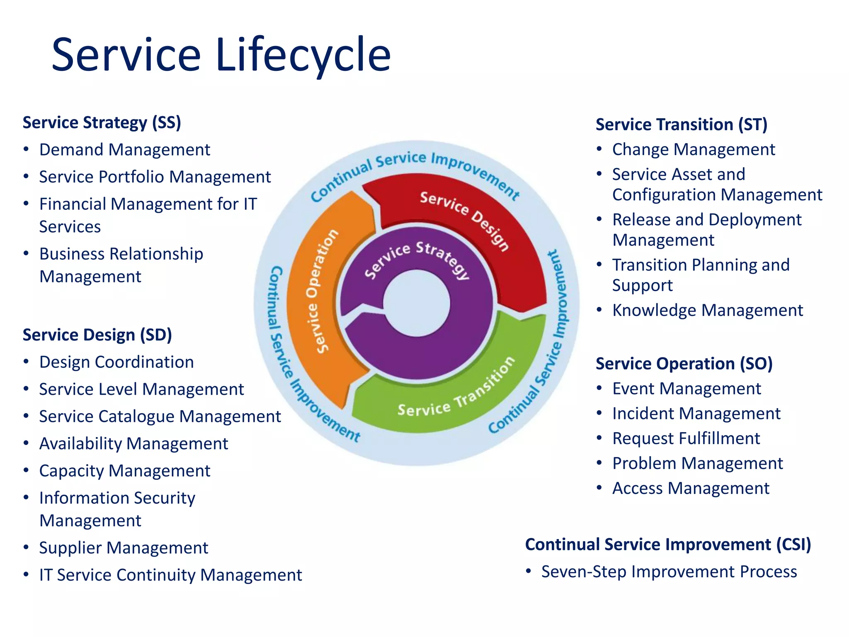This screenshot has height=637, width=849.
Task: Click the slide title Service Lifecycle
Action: (x=221, y=55)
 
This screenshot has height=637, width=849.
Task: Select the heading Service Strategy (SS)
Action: (x=102, y=123)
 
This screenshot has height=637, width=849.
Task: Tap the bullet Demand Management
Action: (x=124, y=150)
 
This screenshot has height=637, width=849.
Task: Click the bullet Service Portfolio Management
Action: (x=155, y=177)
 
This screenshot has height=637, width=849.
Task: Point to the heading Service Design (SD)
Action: (x=97, y=335)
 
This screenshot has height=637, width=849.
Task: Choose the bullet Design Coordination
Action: (x=116, y=362)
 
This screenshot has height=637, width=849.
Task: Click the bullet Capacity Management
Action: (x=124, y=471)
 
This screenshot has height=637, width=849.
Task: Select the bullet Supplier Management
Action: (x=123, y=548)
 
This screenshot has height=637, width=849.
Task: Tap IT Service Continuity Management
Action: (x=170, y=575)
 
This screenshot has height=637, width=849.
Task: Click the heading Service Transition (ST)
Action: (x=681, y=124)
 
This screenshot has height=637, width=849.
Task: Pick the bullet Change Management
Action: (x=693, y=149)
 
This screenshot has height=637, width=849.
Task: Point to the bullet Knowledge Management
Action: (x=707, y=310)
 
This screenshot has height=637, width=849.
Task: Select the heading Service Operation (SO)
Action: (x=684, y=364)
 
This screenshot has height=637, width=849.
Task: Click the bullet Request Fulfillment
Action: (x=686, y=438)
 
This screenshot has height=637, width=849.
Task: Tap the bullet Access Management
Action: (x=691, y=488)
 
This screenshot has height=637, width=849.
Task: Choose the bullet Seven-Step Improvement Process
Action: (x=669, y=572)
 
